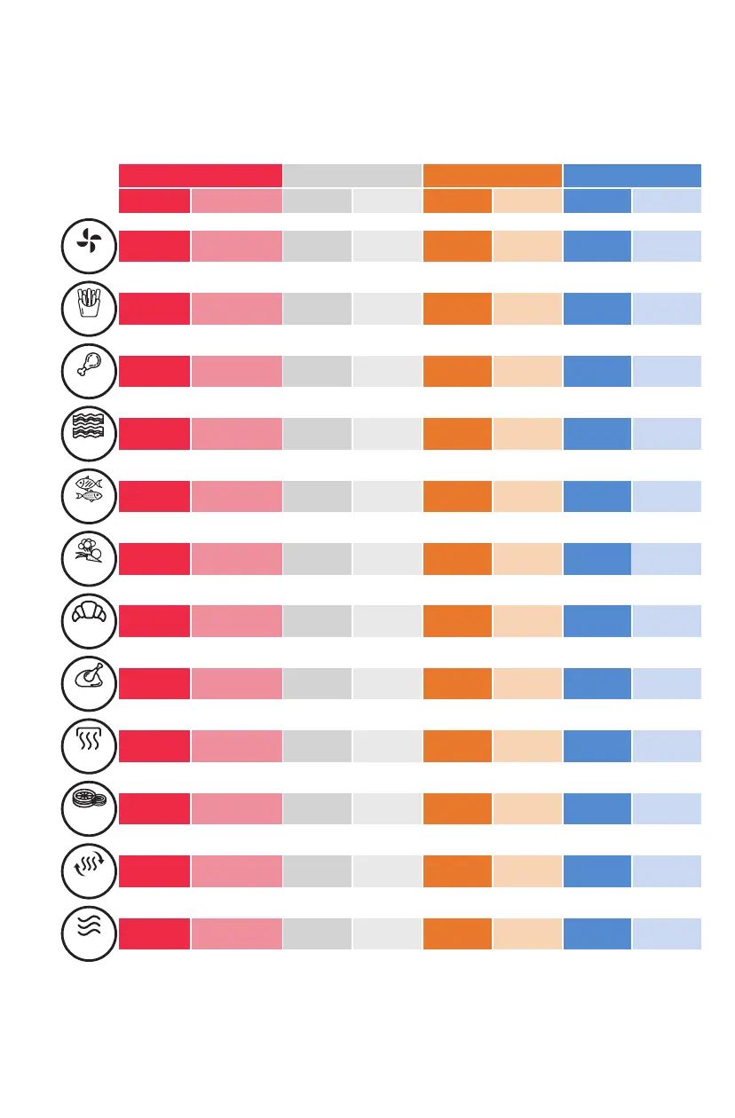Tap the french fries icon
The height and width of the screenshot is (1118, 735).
[x=89, y=307]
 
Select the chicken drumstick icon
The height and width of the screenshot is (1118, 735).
[x=89, y=370]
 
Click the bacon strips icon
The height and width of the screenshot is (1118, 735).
[x=89, y=432]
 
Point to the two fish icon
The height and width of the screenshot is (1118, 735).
[x=89, y=495]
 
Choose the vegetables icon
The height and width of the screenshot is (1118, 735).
[x=89, y=558]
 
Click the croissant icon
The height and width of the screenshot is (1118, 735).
[x=89, y=620]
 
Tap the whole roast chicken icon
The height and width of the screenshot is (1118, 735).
[x=89, y=683]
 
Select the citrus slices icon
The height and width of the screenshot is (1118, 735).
[x=89, y=808]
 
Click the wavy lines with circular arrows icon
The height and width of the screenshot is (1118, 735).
[x=89, y=871]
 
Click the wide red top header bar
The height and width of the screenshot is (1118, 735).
[x=200, y=175]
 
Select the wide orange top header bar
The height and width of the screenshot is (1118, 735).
[x=492, y=175]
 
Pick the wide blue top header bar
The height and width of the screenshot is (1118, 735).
[x=632, y=175]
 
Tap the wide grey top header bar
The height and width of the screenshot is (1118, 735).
[x=352, y=175]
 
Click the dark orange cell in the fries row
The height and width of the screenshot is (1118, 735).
[x=457, y=308]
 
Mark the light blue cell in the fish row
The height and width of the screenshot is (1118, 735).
[x=667, y=496]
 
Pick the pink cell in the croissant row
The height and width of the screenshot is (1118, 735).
[x=236, y=622]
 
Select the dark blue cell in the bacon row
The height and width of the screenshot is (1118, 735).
[x=597, y=433]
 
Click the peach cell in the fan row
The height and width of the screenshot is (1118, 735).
[x=527, y=246]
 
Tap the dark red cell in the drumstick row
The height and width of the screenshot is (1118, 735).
[x=154, y=371]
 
